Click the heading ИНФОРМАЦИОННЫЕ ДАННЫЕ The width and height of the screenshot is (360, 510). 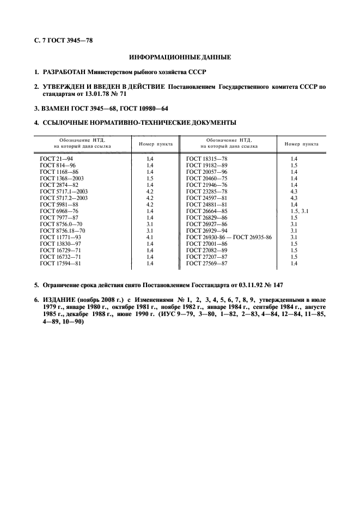pos(179,57)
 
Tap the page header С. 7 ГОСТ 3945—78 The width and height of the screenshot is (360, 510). pos(62,40)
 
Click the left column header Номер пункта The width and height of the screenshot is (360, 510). pos(156,144)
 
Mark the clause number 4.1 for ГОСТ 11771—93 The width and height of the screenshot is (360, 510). pos(150,238)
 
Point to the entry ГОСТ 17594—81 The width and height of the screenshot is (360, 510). pos(60,264)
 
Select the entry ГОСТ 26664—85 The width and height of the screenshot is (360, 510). pos(207,211)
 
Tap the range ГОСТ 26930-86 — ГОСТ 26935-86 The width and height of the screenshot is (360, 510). pos(229,238)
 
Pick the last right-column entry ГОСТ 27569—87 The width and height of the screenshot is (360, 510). pos(207,264)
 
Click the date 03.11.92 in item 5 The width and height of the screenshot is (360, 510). pos(246,285)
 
